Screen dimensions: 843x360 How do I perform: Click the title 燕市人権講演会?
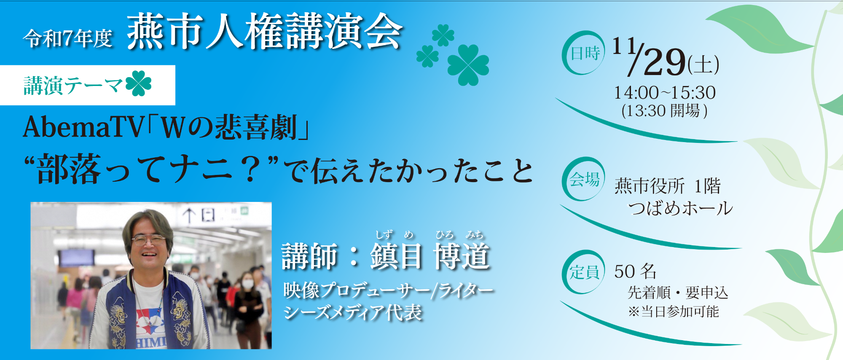click(265, 32)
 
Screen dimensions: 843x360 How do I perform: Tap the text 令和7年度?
click(68, 38)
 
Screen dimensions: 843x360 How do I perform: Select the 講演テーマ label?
click(73, 85)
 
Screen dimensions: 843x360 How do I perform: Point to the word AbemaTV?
click(83, 127)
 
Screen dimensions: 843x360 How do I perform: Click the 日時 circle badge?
click(583, 53)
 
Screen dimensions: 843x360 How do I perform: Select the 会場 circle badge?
click(583, 179)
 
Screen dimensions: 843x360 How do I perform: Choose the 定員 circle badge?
click(583, 272)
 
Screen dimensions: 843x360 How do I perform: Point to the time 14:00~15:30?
click(665, 92)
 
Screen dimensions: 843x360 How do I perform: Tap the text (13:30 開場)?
click(665, 111)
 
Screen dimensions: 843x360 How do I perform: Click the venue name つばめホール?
click(680, 208)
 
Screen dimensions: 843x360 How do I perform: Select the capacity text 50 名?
click(635, 271)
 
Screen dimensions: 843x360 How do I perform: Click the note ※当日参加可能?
click(673, 312)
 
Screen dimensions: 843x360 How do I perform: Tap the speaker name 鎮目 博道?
click(430, 256)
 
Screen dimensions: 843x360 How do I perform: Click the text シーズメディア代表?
click(353, 312)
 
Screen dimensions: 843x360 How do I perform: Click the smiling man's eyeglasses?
click(148, 240)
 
